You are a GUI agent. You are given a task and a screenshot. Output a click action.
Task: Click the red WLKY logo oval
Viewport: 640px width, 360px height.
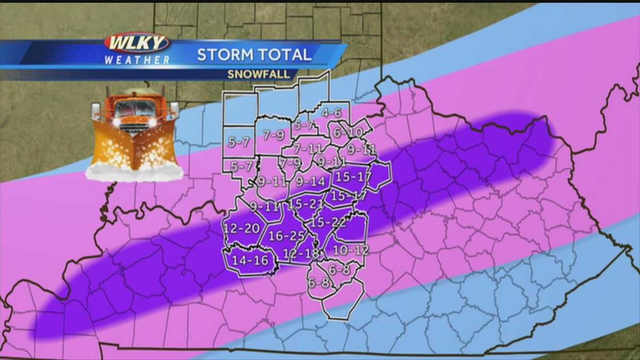tap(137, 43)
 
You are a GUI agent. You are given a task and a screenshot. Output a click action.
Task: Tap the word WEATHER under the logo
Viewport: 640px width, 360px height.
tap(137, 60)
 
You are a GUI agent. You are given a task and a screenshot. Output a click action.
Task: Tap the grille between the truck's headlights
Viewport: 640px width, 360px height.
tap(133, 124)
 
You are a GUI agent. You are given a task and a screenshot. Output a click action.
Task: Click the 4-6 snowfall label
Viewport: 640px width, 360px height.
tap(331, 113)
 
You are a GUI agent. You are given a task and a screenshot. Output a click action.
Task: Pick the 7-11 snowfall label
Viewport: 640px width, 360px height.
tap(308, 149)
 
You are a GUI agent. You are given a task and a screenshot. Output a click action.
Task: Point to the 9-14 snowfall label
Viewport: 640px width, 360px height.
tap(310, 181)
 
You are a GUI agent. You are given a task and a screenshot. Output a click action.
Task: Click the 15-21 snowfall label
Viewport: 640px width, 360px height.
tap(305, 204)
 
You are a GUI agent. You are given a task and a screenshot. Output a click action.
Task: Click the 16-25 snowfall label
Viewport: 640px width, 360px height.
tap(286, 235)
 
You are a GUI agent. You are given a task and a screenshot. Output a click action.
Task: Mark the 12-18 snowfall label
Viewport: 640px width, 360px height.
tap(301, 253)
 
